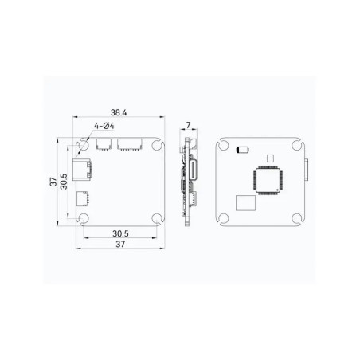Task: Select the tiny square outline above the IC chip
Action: [270, 158]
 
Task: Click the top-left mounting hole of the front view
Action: [84, 146]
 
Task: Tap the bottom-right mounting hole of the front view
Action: [158, 219]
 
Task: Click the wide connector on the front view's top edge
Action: [129, 144]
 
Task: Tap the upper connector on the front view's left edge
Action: [82, 169]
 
